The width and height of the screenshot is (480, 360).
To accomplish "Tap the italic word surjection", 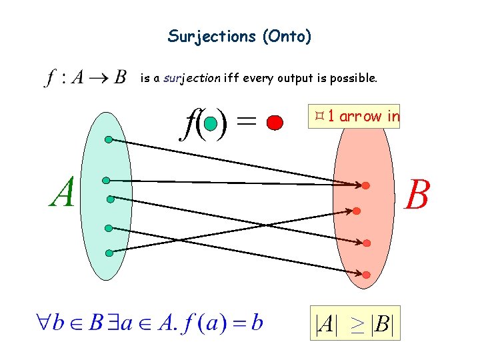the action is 193,79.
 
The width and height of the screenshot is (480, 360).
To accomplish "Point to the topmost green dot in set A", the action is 109,140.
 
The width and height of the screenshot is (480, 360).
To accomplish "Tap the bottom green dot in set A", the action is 109,253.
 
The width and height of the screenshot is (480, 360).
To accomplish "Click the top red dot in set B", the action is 366,185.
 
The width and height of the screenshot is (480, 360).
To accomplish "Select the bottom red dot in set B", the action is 367,274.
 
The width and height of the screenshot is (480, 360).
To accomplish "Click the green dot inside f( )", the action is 211,123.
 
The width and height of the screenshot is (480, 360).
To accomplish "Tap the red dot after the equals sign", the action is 274,122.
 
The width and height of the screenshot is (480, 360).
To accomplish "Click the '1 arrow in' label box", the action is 355,117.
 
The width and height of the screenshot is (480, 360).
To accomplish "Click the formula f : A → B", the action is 85,79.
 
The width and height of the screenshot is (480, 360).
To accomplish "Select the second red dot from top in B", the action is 357,211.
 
